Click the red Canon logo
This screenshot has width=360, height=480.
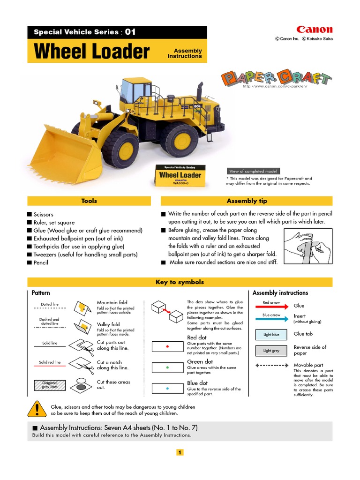point(314,30)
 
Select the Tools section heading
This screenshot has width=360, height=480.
point(89,201)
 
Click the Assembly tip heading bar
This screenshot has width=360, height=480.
point(247,201)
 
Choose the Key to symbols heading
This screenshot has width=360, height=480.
point(180,282)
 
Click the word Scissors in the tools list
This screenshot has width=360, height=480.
point(43,214)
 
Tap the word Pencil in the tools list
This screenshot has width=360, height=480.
point(41,262)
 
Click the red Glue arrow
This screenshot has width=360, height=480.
point(271,306)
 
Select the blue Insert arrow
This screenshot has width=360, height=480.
point(271,319)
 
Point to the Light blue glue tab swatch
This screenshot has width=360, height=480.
point(271,335)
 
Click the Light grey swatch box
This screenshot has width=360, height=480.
point(271,351)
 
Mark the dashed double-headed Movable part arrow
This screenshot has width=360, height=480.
point(271,365)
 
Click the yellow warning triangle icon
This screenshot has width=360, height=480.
point(37,410)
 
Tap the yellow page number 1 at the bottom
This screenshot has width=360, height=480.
point(180,452)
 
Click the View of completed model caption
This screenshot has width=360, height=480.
point(254,171)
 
